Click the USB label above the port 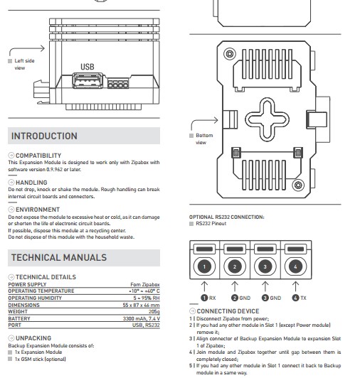click(x=88, y=67)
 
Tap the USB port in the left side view click(x=88, y=81)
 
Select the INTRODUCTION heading click(x=44, y=136)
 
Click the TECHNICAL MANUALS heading click(x=59, y=257)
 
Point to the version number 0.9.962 click(x=54, y=169)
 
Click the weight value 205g click(x=154, y=312)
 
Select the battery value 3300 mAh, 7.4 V click(x=142, y=318)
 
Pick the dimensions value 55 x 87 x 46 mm click(x=141, y=305)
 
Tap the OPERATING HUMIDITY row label click(x=35, y=298)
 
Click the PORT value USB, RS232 click(x=146, y=325)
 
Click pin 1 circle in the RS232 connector click(x=204, y=266)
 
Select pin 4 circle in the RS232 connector click(x=295, y=266)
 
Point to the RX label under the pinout click(x=212, y=298)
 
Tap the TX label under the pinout click(x=303, y=298)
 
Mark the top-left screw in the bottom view click(x=230, y=53)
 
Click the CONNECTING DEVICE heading click(x=228, y=311)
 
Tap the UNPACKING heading click(x=33, y=338)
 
